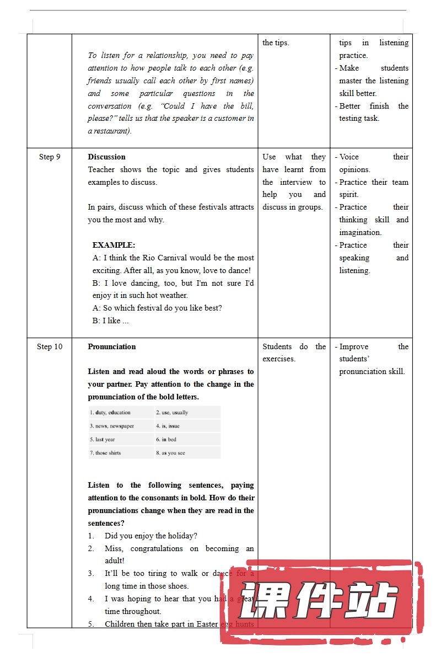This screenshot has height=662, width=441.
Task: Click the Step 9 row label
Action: point(50,157)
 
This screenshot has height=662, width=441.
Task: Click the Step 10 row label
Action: point(50,347)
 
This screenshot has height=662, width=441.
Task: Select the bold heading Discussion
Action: point(106,157)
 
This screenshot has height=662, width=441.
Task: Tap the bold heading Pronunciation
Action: point(111,347)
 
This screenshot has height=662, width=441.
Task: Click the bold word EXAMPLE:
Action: point(114,245)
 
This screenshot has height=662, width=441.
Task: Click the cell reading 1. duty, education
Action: point(121,413)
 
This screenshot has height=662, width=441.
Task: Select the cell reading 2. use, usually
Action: point(187,413)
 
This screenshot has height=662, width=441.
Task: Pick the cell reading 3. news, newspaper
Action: point(121,426)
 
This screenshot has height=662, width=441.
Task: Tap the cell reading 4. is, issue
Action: point(187,426)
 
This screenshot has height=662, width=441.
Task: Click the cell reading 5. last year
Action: point(121,440)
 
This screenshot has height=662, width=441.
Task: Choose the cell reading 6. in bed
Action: point(187,440)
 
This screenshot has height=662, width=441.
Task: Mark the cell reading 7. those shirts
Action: point(121,453)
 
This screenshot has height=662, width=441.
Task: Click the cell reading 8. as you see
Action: point(187,453)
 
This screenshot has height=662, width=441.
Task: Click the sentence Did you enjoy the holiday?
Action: point(150,536)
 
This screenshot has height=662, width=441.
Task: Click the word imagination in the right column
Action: point(360,233)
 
